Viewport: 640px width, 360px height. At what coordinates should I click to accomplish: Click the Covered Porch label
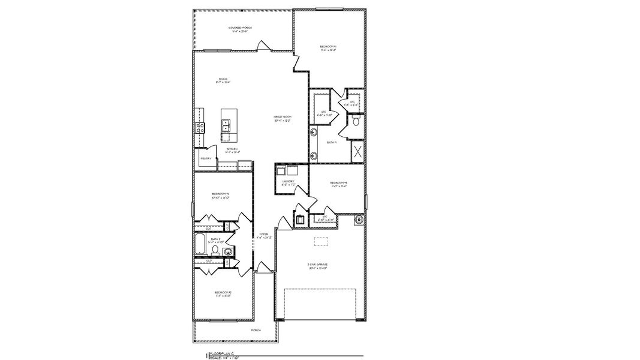[x=240, y=29]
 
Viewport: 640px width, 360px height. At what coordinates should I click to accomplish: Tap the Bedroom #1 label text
[x=327, y=48]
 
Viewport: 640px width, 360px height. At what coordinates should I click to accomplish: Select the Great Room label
[x=283, y=118]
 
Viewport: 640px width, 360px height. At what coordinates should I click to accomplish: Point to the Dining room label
[x=223, y=80]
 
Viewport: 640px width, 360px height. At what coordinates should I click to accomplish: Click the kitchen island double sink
[x=227, y=126]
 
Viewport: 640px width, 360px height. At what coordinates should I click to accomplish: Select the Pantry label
[x=205, y=158]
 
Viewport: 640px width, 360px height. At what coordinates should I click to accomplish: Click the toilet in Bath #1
[x=355, y=122]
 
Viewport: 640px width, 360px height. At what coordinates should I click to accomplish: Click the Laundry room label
[x=289, y=182]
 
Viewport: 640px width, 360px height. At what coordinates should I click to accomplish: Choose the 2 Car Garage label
[x=318, y=266]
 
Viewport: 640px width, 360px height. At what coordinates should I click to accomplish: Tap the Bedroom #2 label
[x=222, y=293]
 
